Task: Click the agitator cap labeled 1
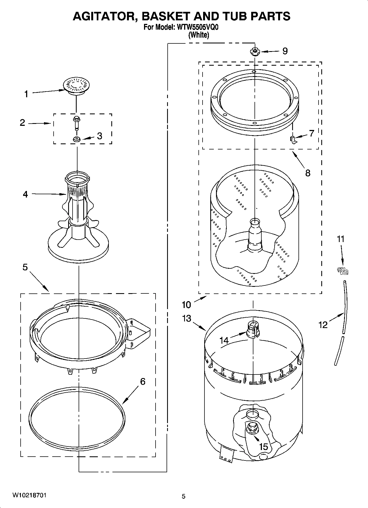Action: pyautogui.click(x=76, y=85)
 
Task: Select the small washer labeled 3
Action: pyautogui.click(x=77, y=139)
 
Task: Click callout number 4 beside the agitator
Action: pyautogui.click(x=25, y=195)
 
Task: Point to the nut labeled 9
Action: pyautogui.click(x=255, y=51)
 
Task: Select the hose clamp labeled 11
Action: pyautogui.click(x=342, y=271)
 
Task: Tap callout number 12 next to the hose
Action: pyautogui.click(x=323, y=325)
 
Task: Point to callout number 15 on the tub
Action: pyautogui.click(x=263, y=447)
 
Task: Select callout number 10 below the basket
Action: pyautogui.click(x=186, y=305)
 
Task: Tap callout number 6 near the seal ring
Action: pyautogui.click(x=143, y=381)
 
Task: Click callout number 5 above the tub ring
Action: pyautogui.click(x=25, y=267)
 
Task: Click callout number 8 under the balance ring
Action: pyautogui.click(x=308, y=173)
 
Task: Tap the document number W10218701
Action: pyautogui.click(x=29, y=495)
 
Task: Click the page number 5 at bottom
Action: pyautogui.click(x=184, y=496)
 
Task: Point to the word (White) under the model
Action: pyautogui.click(x=199, y=35)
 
